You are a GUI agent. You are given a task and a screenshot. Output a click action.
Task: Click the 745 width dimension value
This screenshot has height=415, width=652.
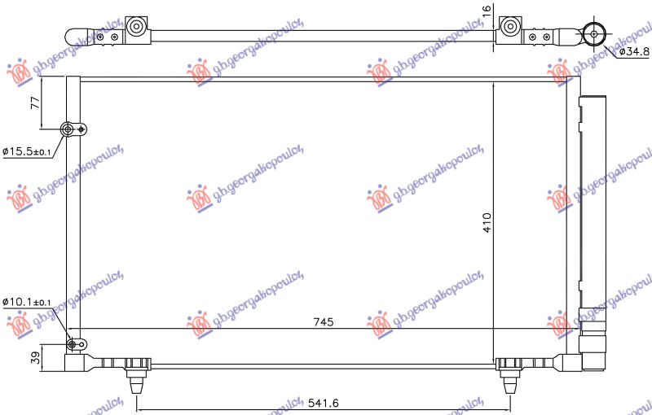(x=324, y=322)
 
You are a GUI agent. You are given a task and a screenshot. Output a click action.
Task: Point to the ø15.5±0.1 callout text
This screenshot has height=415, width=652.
(x=26, y=152)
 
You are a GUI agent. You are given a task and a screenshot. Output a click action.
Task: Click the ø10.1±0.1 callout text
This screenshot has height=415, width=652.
(x=26, y=303)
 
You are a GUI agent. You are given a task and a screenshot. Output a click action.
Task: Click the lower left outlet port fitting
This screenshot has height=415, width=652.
(x=75, y=344)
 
